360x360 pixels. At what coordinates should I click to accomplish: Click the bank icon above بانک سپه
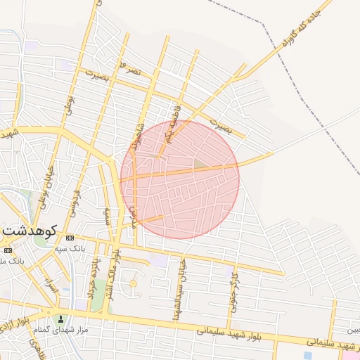[x=70, y=238]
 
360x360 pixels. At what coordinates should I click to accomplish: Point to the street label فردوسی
[x=76, y=191]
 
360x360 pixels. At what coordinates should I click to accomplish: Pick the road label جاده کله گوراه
[x=303, y=27]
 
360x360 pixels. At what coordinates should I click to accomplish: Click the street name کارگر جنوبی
[x=233, y=290]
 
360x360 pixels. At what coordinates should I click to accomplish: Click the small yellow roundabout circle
[x=132, y=283]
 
